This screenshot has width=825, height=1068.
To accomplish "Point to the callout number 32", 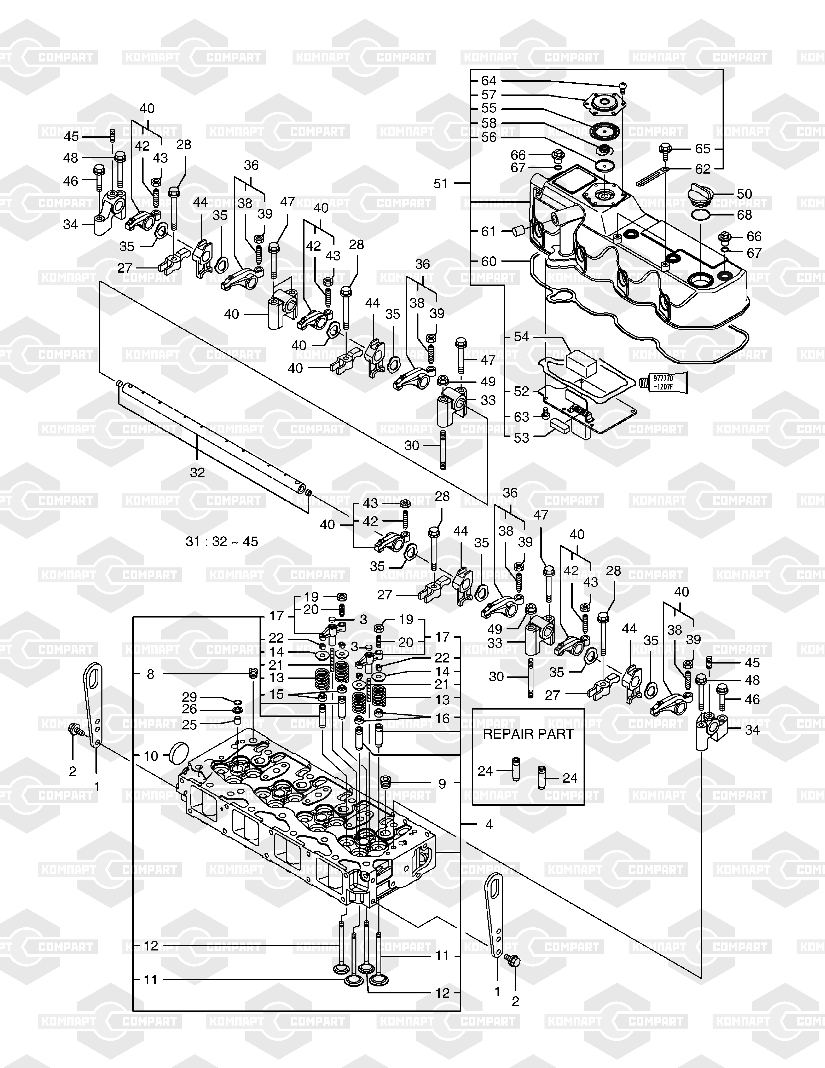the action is pos(198,473).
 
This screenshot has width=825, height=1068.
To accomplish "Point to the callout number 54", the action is pos(522,336).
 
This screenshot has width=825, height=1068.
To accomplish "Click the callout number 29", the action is pos(190,697).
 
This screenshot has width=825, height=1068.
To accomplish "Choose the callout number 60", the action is pos(489,261).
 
